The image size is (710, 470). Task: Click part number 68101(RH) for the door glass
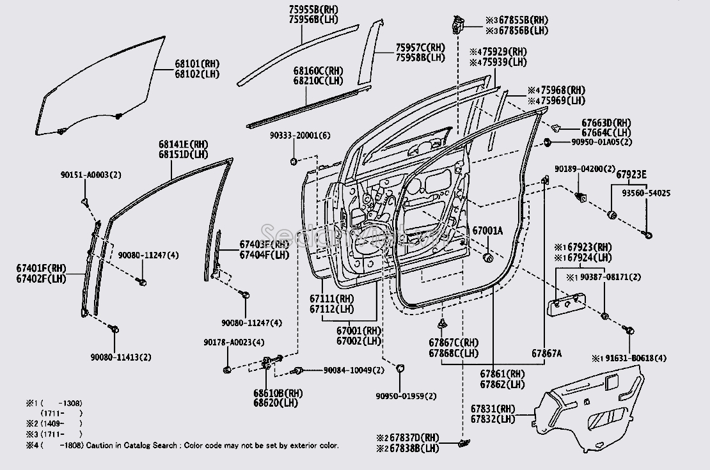point(196,65)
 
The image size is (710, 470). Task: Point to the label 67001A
point(488,230)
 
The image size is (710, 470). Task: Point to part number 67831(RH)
point(493,409)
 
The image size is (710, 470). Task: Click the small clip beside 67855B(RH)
point(456,25)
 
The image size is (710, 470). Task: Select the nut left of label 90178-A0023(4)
point(228,369)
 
